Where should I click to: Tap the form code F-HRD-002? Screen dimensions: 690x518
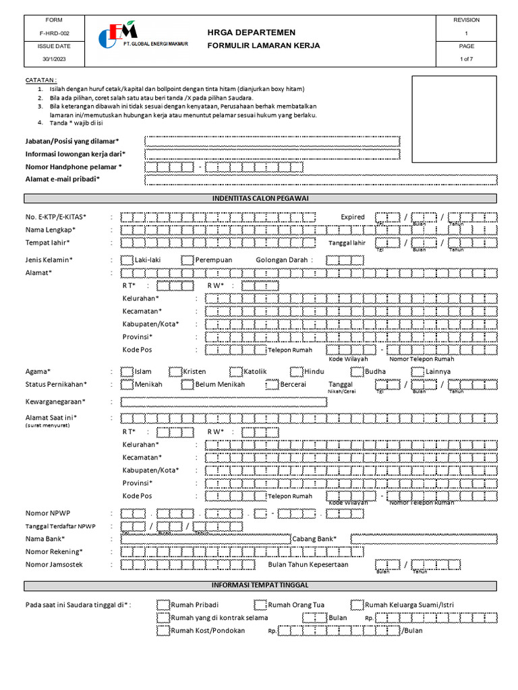pos(53,33)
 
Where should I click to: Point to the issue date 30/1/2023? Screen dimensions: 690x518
pos(53,59)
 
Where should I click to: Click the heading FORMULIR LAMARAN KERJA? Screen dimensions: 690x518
pos(264,46)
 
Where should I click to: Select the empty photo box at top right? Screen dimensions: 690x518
pos(454,120)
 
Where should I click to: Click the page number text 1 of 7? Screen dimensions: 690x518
pos(466,59)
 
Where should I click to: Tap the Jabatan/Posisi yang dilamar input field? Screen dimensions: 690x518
pos(272,142)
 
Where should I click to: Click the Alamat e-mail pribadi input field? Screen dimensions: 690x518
pos(320,179)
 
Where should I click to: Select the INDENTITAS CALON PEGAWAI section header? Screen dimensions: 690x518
pos(260,199)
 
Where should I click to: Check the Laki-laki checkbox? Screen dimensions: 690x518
pos(127,260)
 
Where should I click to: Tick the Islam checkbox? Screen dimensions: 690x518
pos(127,371)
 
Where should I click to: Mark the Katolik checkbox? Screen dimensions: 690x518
pos(235,371)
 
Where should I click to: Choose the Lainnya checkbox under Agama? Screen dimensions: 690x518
pos(418,371)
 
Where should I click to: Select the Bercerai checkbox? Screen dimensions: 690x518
pos(272,385)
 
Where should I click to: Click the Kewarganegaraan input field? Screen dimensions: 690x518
pos(223,402)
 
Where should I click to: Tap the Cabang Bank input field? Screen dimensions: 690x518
pos(424,539)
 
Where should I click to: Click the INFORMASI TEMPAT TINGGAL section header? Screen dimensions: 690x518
pos(260,586)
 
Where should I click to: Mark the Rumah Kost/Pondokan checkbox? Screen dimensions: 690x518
pos(163,631)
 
